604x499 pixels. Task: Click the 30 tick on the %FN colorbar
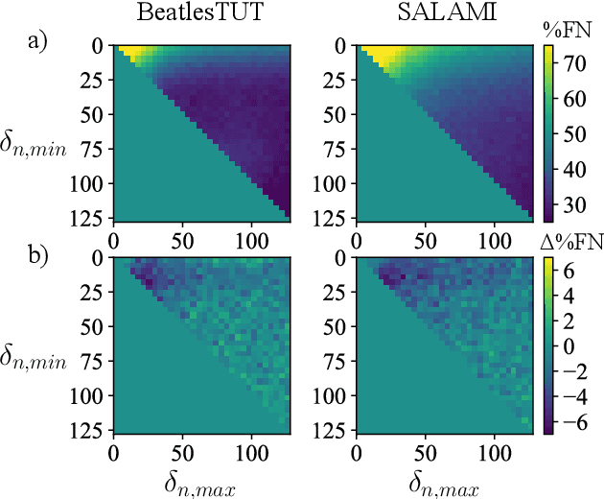coord(569,201)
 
